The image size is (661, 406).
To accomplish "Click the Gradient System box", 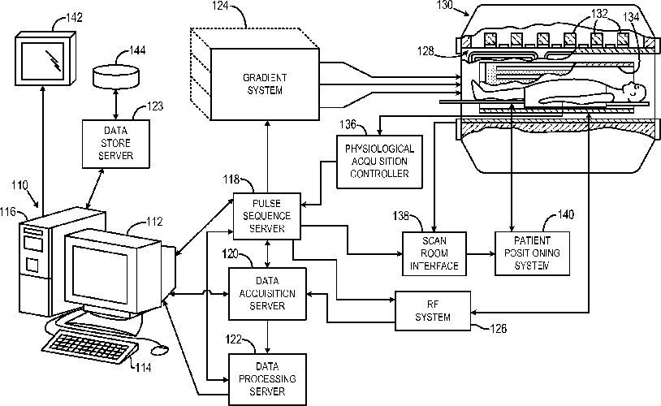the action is tap(265, 84).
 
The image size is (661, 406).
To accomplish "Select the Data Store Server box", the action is tap(116, 144).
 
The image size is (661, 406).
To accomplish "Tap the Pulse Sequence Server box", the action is tap(267, 216).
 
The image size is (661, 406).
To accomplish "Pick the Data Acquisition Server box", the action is tap(267, 293).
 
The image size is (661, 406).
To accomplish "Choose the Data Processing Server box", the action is tap(267, 379).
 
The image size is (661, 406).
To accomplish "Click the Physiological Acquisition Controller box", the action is tap(379, 162).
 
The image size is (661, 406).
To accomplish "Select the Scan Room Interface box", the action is tap(434, 253).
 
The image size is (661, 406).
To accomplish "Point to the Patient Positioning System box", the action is tap(532, 253).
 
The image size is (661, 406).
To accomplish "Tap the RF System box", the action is tap(433, 310).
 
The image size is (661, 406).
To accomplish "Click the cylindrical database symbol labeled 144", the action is tap(115, 76).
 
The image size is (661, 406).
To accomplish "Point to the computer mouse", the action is tap(160, 349).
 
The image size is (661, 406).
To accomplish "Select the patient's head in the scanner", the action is tap(633, 91).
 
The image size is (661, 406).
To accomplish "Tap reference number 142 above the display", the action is tap(74, 18).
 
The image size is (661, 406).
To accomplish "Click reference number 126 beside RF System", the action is tap(498, 328).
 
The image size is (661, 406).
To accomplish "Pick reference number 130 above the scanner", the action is tap(444, 5).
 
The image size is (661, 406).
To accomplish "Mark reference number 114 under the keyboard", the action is tap(143, 368).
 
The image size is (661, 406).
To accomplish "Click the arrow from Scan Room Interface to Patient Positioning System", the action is tap(481, 254).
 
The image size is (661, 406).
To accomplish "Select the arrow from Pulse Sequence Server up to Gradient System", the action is tap(267, 157).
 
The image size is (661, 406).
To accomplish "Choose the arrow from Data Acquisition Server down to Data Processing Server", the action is tap(267, 336).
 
